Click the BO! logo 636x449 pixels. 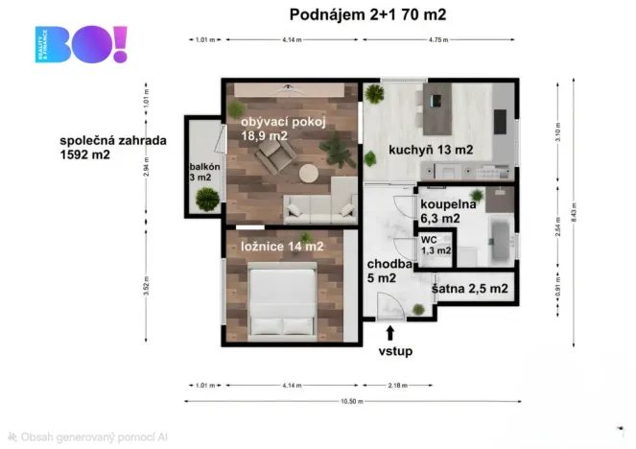coord(81,45)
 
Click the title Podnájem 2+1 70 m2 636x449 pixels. coord(367,14)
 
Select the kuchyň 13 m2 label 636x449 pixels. coord(431,150)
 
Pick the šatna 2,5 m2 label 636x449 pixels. coord(470,288)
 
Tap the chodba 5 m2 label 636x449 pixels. coord(390,271)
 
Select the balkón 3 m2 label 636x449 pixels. coord(205,172)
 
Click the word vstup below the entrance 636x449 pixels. coord(394,351)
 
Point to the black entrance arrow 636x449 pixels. coord(389,333)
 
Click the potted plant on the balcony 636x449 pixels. coord(205,199)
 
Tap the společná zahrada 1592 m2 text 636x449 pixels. coord(112,146)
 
